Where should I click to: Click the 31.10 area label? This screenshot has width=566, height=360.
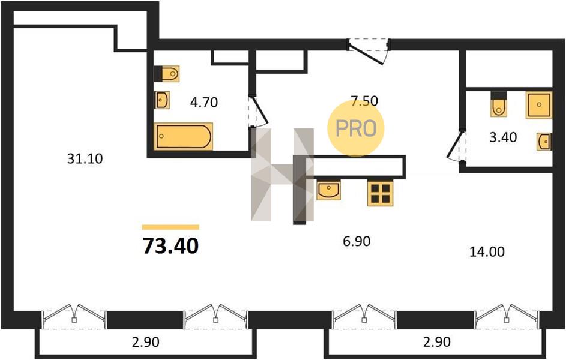[85, 159]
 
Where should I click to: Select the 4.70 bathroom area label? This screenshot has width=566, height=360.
[204, 103]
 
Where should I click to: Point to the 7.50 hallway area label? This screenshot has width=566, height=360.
[364, 101]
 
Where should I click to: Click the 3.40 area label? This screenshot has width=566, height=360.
[503, 137]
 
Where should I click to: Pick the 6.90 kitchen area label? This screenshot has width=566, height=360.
[357, 241]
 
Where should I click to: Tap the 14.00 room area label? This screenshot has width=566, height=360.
[487, 252]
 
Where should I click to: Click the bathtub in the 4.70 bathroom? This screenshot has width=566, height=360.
[184, 136]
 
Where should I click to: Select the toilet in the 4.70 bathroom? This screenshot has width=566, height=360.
[167, 74]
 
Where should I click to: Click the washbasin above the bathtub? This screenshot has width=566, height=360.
[162, 100]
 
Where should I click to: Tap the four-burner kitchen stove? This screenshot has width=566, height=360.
[380, 193]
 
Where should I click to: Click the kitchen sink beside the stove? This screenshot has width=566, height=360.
[328, 190]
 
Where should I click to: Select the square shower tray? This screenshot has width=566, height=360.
[539, 105]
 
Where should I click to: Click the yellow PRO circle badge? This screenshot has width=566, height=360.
[356, 128]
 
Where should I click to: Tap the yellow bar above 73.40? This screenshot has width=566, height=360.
[170, 227]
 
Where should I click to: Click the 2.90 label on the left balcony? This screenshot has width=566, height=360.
[145, 342]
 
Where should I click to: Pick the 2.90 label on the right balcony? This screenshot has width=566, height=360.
[437, 341]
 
